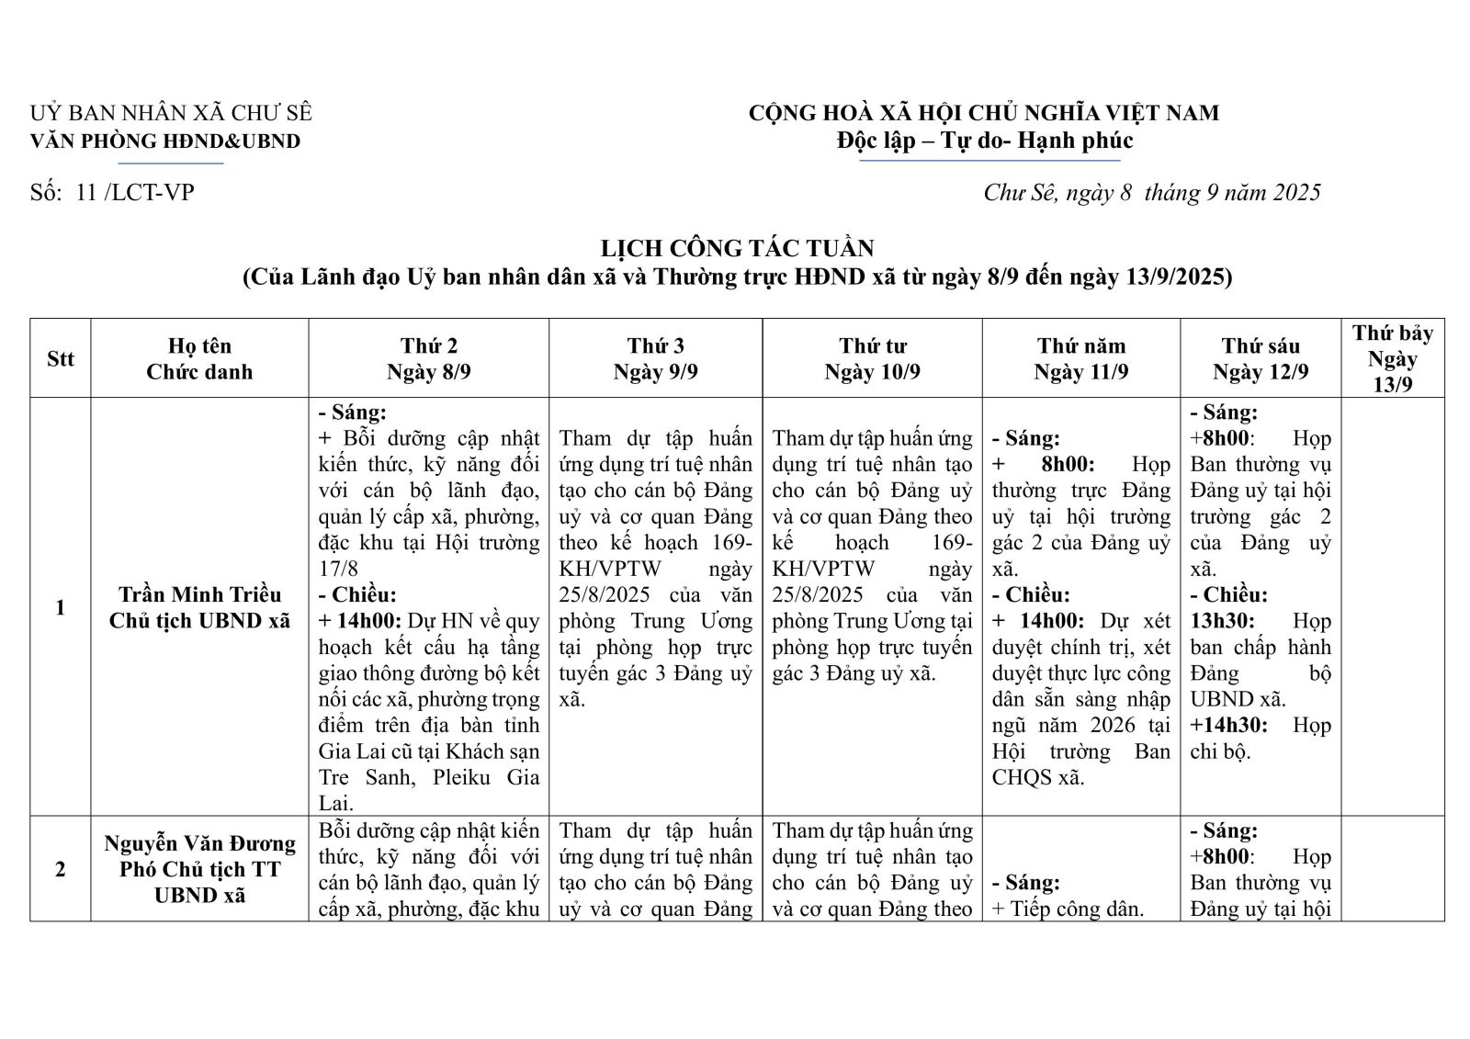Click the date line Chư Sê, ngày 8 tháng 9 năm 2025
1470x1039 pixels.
coord(1151,192)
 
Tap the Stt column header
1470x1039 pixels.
coord(61,358)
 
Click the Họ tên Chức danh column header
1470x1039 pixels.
coord(199,358)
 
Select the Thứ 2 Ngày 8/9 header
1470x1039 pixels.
coord(428,358)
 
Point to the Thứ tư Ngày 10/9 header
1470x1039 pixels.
coord(872,358)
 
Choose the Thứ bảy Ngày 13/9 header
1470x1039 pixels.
coord(1392,358)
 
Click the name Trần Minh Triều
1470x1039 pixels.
coord(199,594)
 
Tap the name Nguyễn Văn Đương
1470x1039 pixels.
coord(199,843)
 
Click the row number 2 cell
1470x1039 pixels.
coord(61,869)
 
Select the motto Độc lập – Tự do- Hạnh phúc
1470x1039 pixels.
coord(984,141)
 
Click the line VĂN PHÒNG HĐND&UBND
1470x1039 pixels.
coord(165,141)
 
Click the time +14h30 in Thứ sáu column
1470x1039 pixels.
coord(1228,725)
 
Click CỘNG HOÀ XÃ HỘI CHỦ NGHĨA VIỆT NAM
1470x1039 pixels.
coord(983,113)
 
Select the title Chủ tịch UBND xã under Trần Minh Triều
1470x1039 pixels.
coord(199,621)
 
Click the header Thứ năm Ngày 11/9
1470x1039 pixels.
coord(1081,358)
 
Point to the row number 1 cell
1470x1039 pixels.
coord(61,607)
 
